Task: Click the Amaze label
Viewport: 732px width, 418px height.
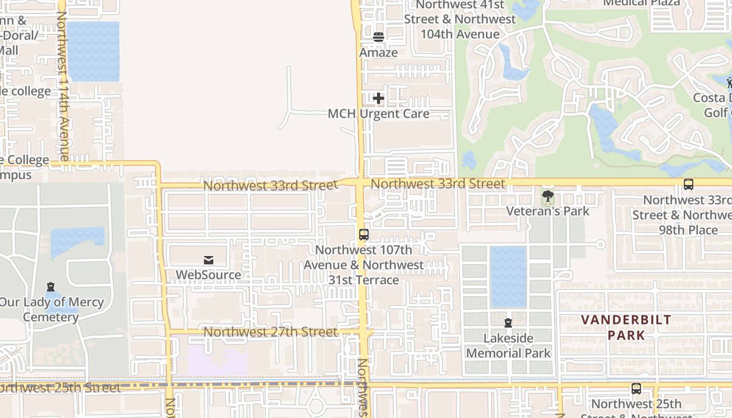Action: tap(379, 53)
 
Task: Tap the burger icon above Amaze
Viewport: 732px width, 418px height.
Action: tap(379, 37)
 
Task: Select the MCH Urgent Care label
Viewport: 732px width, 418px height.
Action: tap(379, 113)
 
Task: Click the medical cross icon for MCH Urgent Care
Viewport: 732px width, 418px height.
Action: tap(379, 98)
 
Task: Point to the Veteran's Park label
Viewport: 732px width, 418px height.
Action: tap(547, 211)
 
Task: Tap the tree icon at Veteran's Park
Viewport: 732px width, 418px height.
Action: tap(547, 196)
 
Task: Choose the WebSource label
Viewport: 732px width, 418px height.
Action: tap(208, 275)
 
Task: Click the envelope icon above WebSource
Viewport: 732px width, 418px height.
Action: tap(208, 260)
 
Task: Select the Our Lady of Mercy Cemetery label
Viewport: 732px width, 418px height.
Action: tap(51, 309)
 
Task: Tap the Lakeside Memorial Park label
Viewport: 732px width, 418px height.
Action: tap(508, 345)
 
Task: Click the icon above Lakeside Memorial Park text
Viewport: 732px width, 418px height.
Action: tap(508, 323)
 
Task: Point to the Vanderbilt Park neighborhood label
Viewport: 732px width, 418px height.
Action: tap(626, 327)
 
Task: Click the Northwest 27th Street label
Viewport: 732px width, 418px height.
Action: tap(270, 332)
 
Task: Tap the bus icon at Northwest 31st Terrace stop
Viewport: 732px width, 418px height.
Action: tap(364, 235)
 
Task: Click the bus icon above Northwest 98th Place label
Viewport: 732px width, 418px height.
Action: tap(689, 184)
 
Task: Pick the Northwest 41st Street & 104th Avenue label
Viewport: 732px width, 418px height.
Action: tap(460, 19)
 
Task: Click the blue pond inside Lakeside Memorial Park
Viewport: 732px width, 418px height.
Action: tap(508, 276)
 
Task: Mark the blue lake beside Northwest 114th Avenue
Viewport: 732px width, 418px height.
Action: tap(93, 51)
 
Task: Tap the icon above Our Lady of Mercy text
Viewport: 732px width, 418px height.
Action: tap(51, 287)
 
